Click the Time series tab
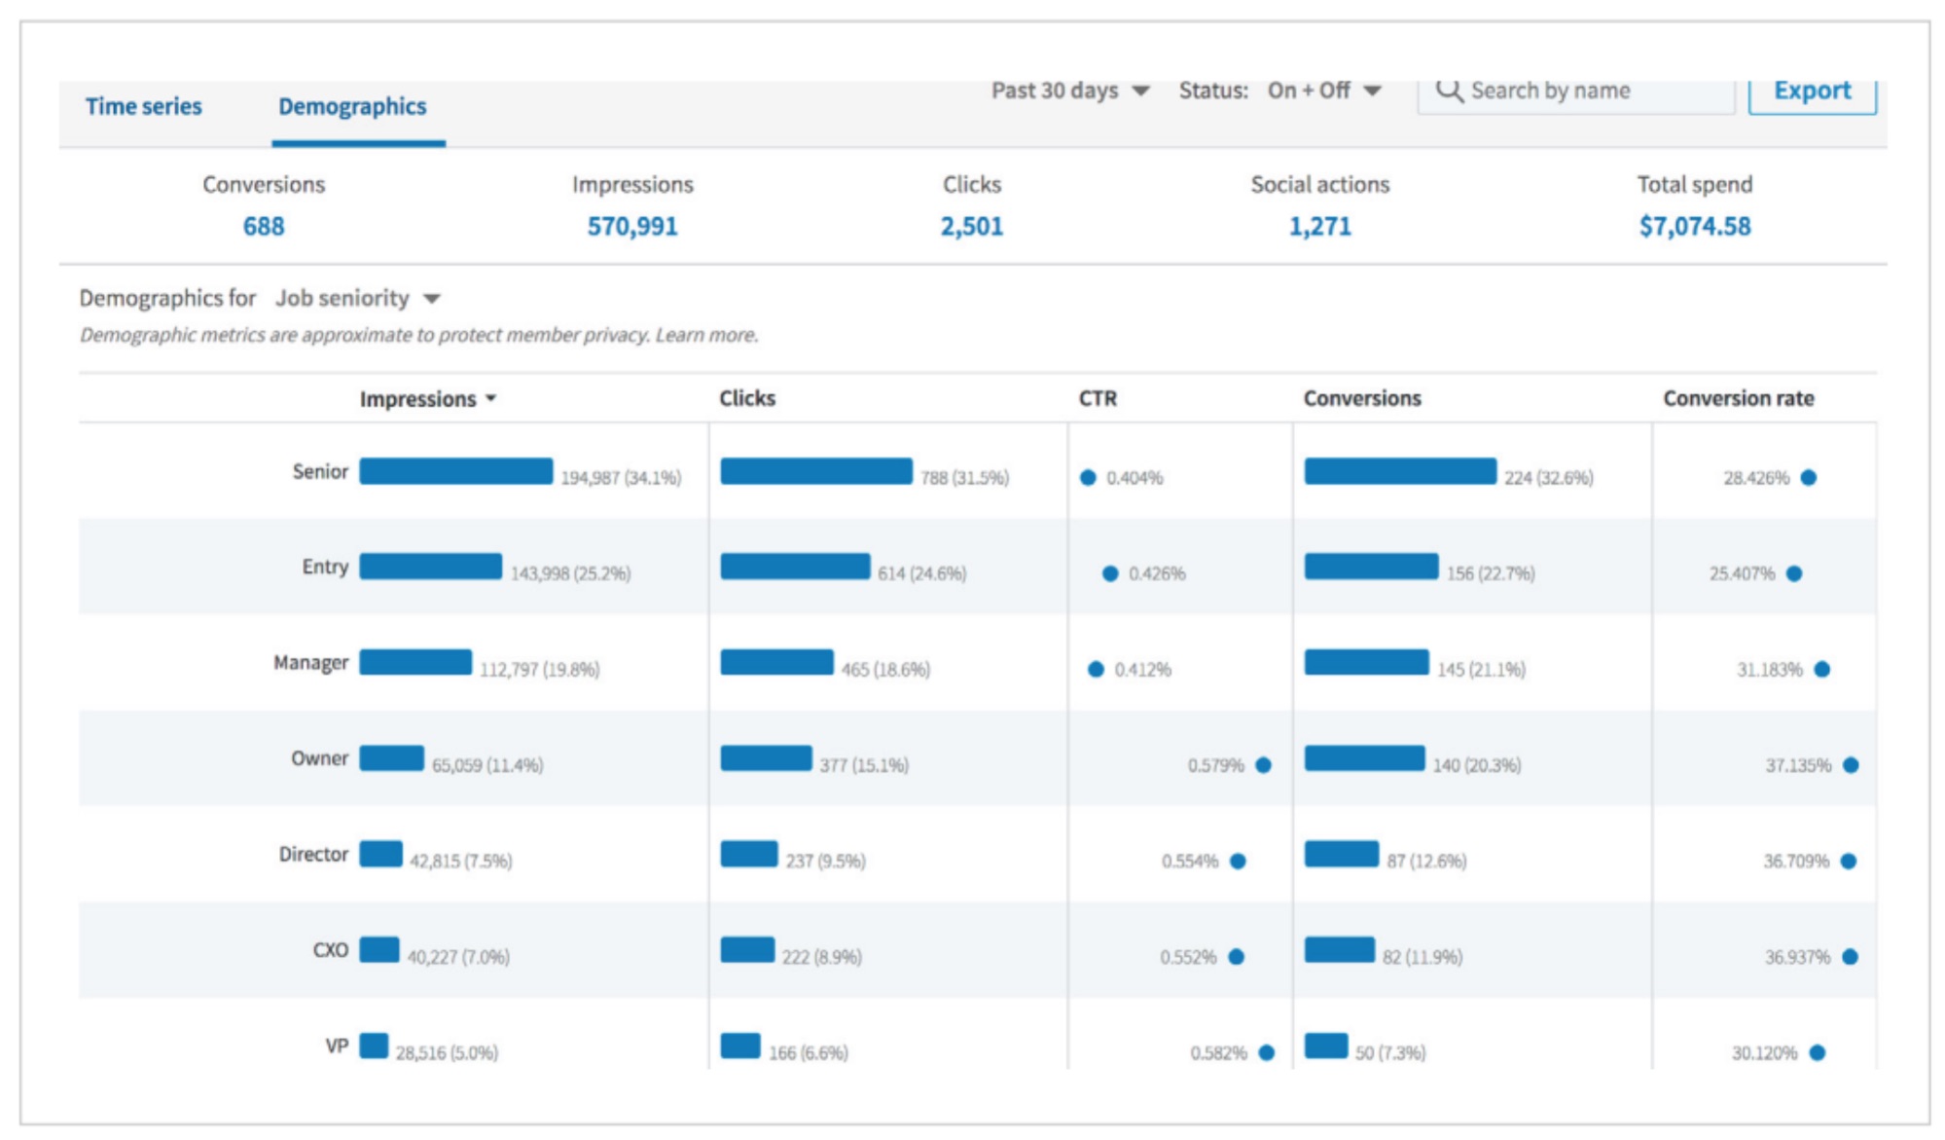point(143,106)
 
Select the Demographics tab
point(352,106)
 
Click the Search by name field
point(1576,92)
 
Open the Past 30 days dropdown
point(1069,91)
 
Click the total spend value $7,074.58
point(1694,226)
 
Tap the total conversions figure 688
point(264,226)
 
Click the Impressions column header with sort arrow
point(427,399)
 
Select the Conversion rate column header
point(1738,398)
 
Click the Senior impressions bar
point(455,471)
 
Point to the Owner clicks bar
point(766,758)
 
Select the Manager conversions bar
point(1366,663)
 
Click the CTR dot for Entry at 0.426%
point(1110,573)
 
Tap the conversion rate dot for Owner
point(1851,765)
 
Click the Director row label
point(313,854)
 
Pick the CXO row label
point(330,950)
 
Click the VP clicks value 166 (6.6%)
point(808,1052)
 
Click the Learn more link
point(706,335)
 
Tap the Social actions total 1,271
point(1319,226)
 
